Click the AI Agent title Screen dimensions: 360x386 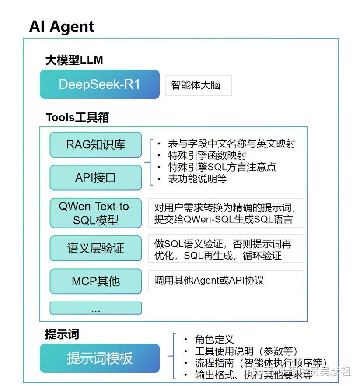(x=62, y=27)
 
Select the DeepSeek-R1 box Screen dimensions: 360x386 (x=100, y=84)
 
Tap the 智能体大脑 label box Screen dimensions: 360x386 (x=198, y=85)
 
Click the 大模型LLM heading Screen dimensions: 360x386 (x=74, y=60)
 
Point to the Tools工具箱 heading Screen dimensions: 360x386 (x=77, y=117)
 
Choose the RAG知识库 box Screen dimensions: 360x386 (x=96, y=144)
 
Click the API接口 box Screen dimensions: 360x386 (x=96, y=178)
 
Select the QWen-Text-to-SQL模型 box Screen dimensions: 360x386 (x=96, y=213)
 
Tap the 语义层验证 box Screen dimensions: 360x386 (x=96, y=248)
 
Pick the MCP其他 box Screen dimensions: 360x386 (x=96, y=281)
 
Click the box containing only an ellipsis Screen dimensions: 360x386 (x=96, y=308)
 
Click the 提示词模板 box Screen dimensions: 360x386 (x=100, y=358)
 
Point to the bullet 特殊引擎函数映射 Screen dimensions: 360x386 (x=207, y=155)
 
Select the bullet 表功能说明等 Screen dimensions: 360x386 (x=197, y=179)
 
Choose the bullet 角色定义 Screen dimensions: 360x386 (x=214, y=339)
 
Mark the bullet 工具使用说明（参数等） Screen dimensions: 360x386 (x=246, y=351)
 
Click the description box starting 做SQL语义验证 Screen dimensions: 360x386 (x=226, y=249)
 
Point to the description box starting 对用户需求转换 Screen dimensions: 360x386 (x=226, y=213)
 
